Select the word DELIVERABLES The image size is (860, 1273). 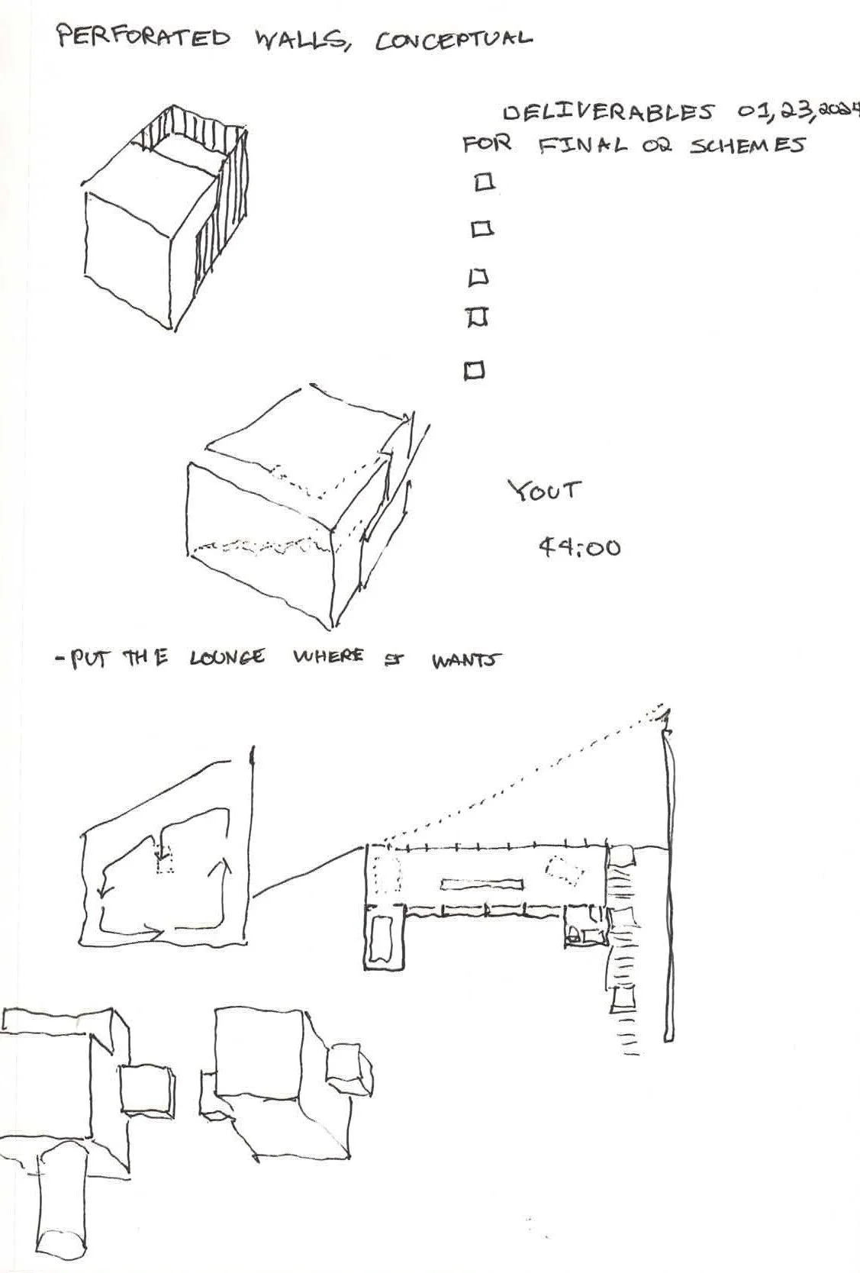607,112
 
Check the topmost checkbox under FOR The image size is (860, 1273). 484,182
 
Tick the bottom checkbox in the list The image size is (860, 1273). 475,371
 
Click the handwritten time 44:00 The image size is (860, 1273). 579,546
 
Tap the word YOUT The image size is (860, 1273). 544,489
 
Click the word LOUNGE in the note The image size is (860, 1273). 227,657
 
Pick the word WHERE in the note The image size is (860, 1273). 328,656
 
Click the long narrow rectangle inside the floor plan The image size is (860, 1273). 481,885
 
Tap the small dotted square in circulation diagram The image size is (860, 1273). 165,862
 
